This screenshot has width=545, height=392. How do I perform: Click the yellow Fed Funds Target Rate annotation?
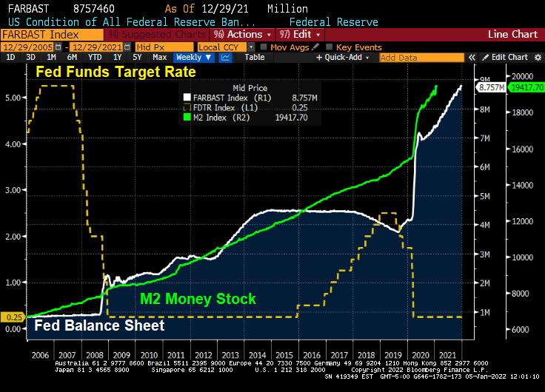click(x=116, y=72)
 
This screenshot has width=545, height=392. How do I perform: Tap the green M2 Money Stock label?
click(x=198, y=299)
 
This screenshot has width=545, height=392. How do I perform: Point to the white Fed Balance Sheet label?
click(x=99, y=325)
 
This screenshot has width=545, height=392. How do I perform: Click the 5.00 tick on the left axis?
click(x=13, y=98)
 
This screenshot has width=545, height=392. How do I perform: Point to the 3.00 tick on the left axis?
click(x=13, y=190)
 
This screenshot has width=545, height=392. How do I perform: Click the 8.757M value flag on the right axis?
click(x=492, y=87)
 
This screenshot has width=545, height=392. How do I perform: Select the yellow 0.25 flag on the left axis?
click(x=13, y=317)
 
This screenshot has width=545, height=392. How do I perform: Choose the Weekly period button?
click(x=189, y=57)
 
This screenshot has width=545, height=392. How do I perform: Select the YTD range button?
click(x=95, y=57)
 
